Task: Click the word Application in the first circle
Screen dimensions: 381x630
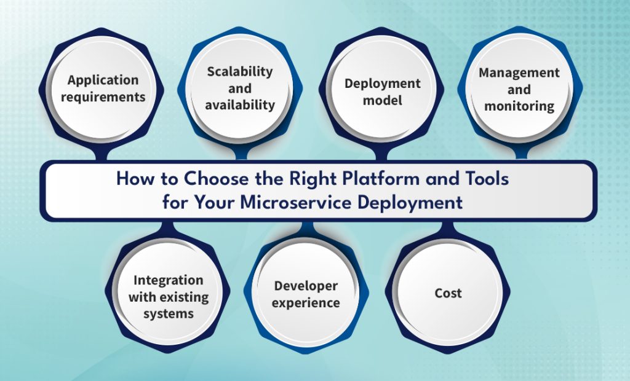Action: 103,80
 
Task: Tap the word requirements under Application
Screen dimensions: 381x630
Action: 107,97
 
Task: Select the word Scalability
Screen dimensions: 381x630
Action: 239,71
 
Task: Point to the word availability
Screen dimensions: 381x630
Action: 240,105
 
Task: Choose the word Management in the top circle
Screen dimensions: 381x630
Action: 519,73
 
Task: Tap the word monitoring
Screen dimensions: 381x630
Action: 519,106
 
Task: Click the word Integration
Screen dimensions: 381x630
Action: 168,280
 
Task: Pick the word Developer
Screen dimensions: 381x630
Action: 306,286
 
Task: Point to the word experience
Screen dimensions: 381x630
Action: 306,303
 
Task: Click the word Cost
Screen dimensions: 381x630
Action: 448,294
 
